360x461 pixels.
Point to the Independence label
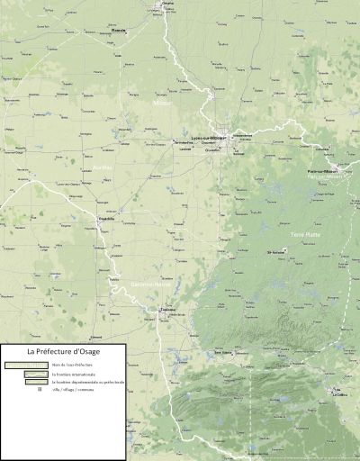pyautogui.click(x=242, y=136)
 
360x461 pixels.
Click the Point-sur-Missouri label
pyautogui.click(x=322, y=171)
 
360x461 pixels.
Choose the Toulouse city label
pyautogui.click(x=166, y=311)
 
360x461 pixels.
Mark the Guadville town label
pyautogui.click(x=106, y=219)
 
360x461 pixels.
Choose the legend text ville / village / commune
pyautogui.click(x=70, y=390)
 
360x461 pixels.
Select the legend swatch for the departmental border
pyautogui.click(x=35, y=382)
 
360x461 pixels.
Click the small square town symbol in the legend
pyautogui.click(x=40, y=390)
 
